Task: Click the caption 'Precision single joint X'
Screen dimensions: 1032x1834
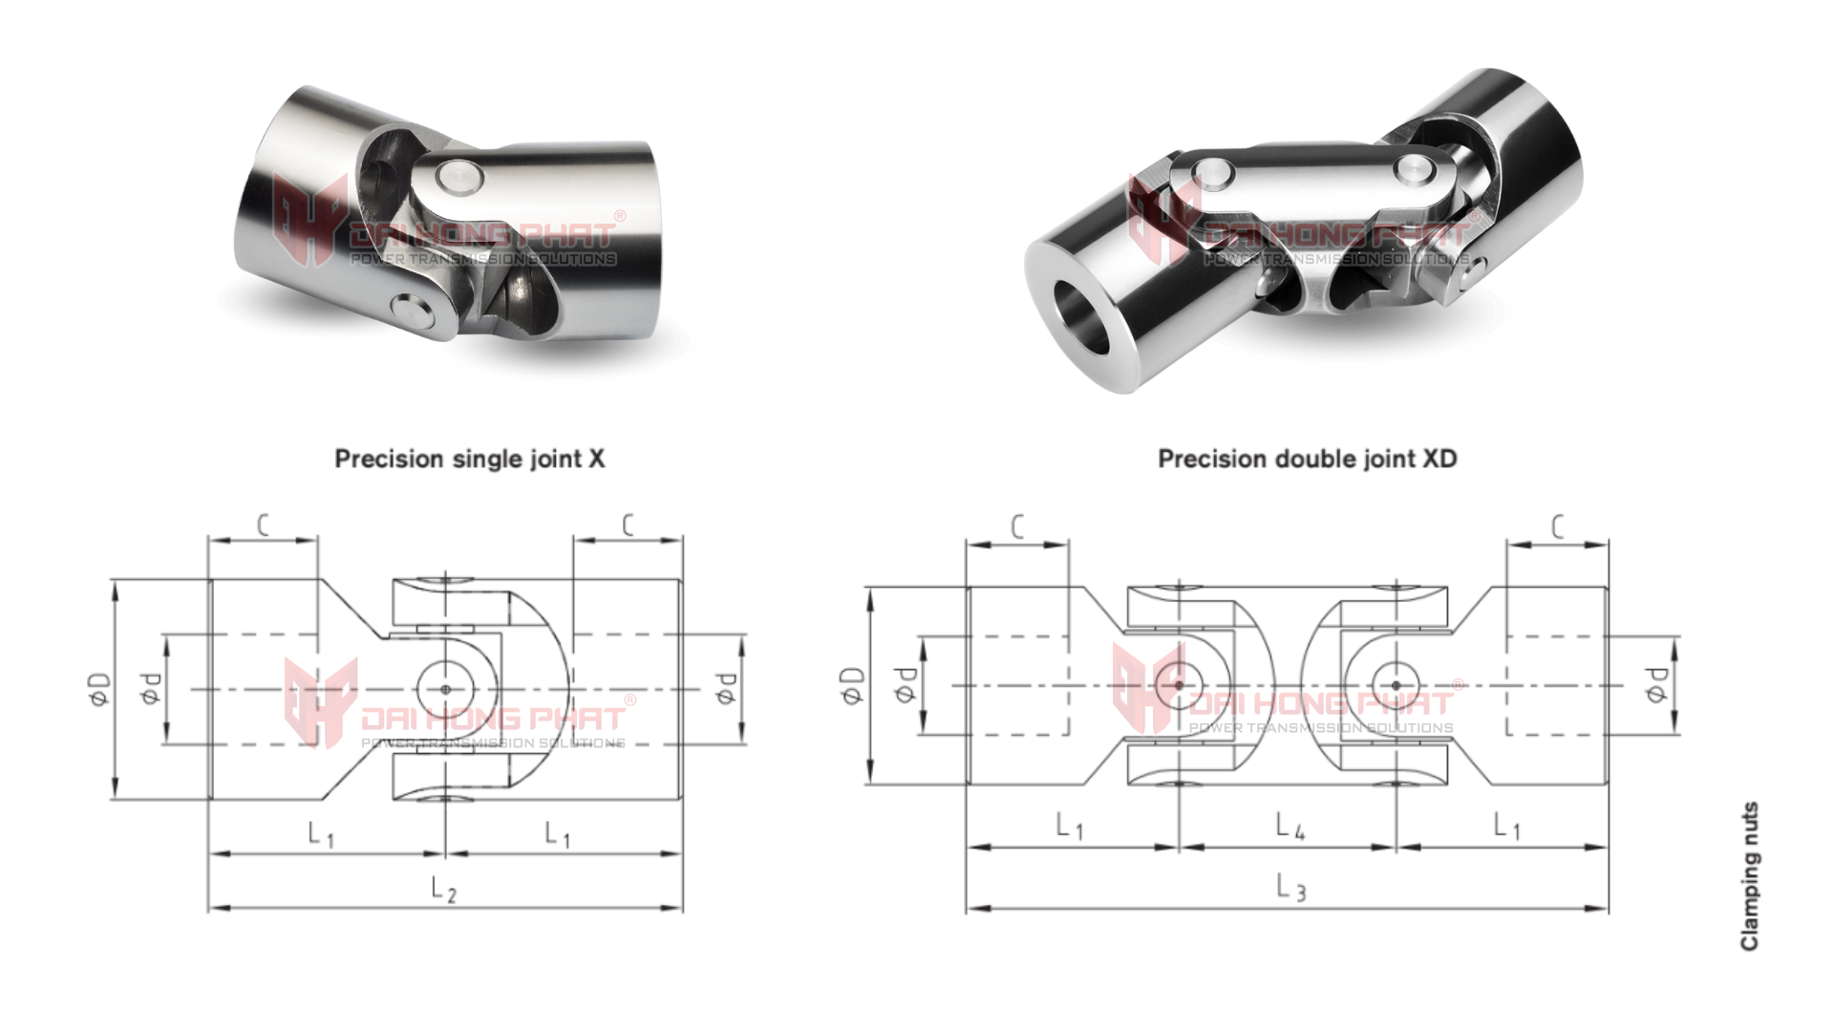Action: tap(469, 459)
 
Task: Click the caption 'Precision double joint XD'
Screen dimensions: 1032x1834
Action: tap(1307, 459)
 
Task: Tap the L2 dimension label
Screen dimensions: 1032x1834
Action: tap(444, 891)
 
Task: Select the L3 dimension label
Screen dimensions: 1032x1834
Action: tap(1290, 888)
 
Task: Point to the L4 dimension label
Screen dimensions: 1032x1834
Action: tap(1290, 827)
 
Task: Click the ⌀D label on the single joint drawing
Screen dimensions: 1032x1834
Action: tap(99, 689)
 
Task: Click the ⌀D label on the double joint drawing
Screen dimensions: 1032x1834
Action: tap(853, 685)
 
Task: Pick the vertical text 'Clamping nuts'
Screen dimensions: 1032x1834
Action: tap(1749, 876)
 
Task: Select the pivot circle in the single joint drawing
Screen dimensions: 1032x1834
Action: tap(445, 688)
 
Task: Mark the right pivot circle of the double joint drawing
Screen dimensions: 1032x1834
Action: tap(1396, 685)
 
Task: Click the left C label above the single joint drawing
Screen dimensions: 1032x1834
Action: tap(264, 525)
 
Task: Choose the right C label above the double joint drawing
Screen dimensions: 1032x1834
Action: tap(1558, 527)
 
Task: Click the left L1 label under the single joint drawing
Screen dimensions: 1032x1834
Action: tap(321, 834)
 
